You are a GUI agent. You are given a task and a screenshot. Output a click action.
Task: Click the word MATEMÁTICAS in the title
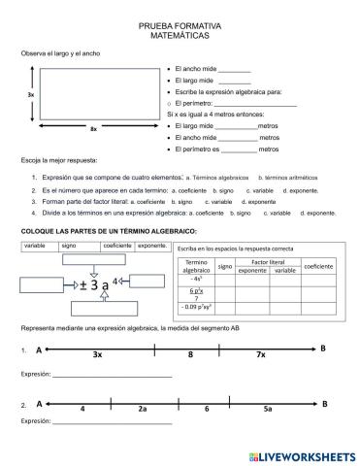(x=180, y=34)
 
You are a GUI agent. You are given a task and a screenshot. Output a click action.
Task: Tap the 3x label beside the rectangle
(x=31, y=95)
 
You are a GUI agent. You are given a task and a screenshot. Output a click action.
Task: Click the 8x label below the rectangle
(x=93, y=129)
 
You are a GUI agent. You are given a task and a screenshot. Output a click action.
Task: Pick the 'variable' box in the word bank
(x=38, y=246)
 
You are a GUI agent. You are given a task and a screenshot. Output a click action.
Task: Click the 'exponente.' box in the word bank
(x=152, y=246)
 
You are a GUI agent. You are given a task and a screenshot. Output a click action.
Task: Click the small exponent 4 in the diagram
(x=115, y=281)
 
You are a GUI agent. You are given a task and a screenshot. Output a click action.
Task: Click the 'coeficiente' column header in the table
(x=317, y=266)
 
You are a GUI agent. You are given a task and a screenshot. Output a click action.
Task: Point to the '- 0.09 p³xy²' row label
(x=197, y=307)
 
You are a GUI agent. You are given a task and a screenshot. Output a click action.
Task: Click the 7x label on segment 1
(x=261, y=356)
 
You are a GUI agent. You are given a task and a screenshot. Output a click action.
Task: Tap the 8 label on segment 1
(x=190, y=356)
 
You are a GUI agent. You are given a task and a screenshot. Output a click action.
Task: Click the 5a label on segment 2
(x=267, y=410)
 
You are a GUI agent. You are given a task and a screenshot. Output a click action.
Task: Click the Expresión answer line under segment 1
(x=112, y=375)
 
